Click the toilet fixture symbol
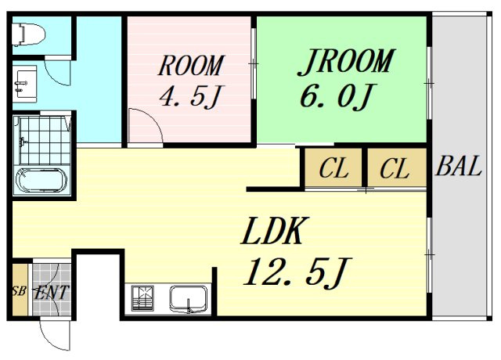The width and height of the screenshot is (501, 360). point(28,34)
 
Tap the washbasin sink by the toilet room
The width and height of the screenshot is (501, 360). point(24,85)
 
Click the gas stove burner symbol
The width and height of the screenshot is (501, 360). point(142,299)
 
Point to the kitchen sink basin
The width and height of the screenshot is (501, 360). point(188,299)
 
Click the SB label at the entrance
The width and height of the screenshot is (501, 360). point(19,291)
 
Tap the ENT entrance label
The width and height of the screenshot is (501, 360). point(52,292)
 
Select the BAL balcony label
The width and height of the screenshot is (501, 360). point(458,166)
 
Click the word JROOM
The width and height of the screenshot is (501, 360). point(346,62)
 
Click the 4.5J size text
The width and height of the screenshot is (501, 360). point(191,95)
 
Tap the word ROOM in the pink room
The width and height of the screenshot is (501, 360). point(191,66)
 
